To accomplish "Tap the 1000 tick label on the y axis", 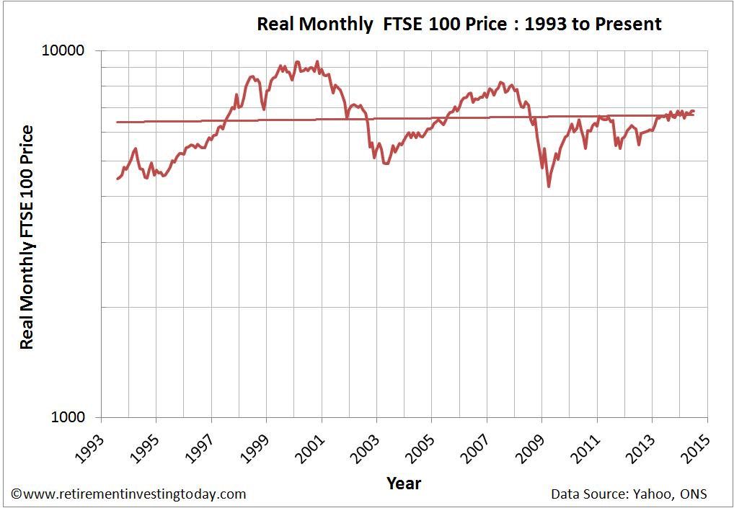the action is coord(68,417).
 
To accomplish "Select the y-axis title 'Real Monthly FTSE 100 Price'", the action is coord(27,237).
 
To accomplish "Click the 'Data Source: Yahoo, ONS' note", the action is coord(629,494).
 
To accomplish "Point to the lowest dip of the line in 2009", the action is coord(549,187).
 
